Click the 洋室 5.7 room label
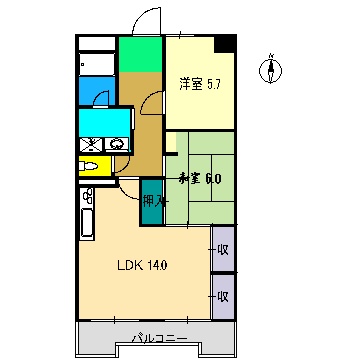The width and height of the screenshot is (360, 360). [x=199, y=83]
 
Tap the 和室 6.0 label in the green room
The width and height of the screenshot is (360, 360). [x=200, y=180]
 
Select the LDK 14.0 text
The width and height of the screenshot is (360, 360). [x=143, y=265]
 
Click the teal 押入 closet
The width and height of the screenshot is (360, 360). [x=151, y=200]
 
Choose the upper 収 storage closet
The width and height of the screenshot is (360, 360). [x=222, y=248]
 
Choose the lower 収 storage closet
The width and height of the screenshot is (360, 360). [x=222, y=296]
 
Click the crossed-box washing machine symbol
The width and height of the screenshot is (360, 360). [x=90, y=143]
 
